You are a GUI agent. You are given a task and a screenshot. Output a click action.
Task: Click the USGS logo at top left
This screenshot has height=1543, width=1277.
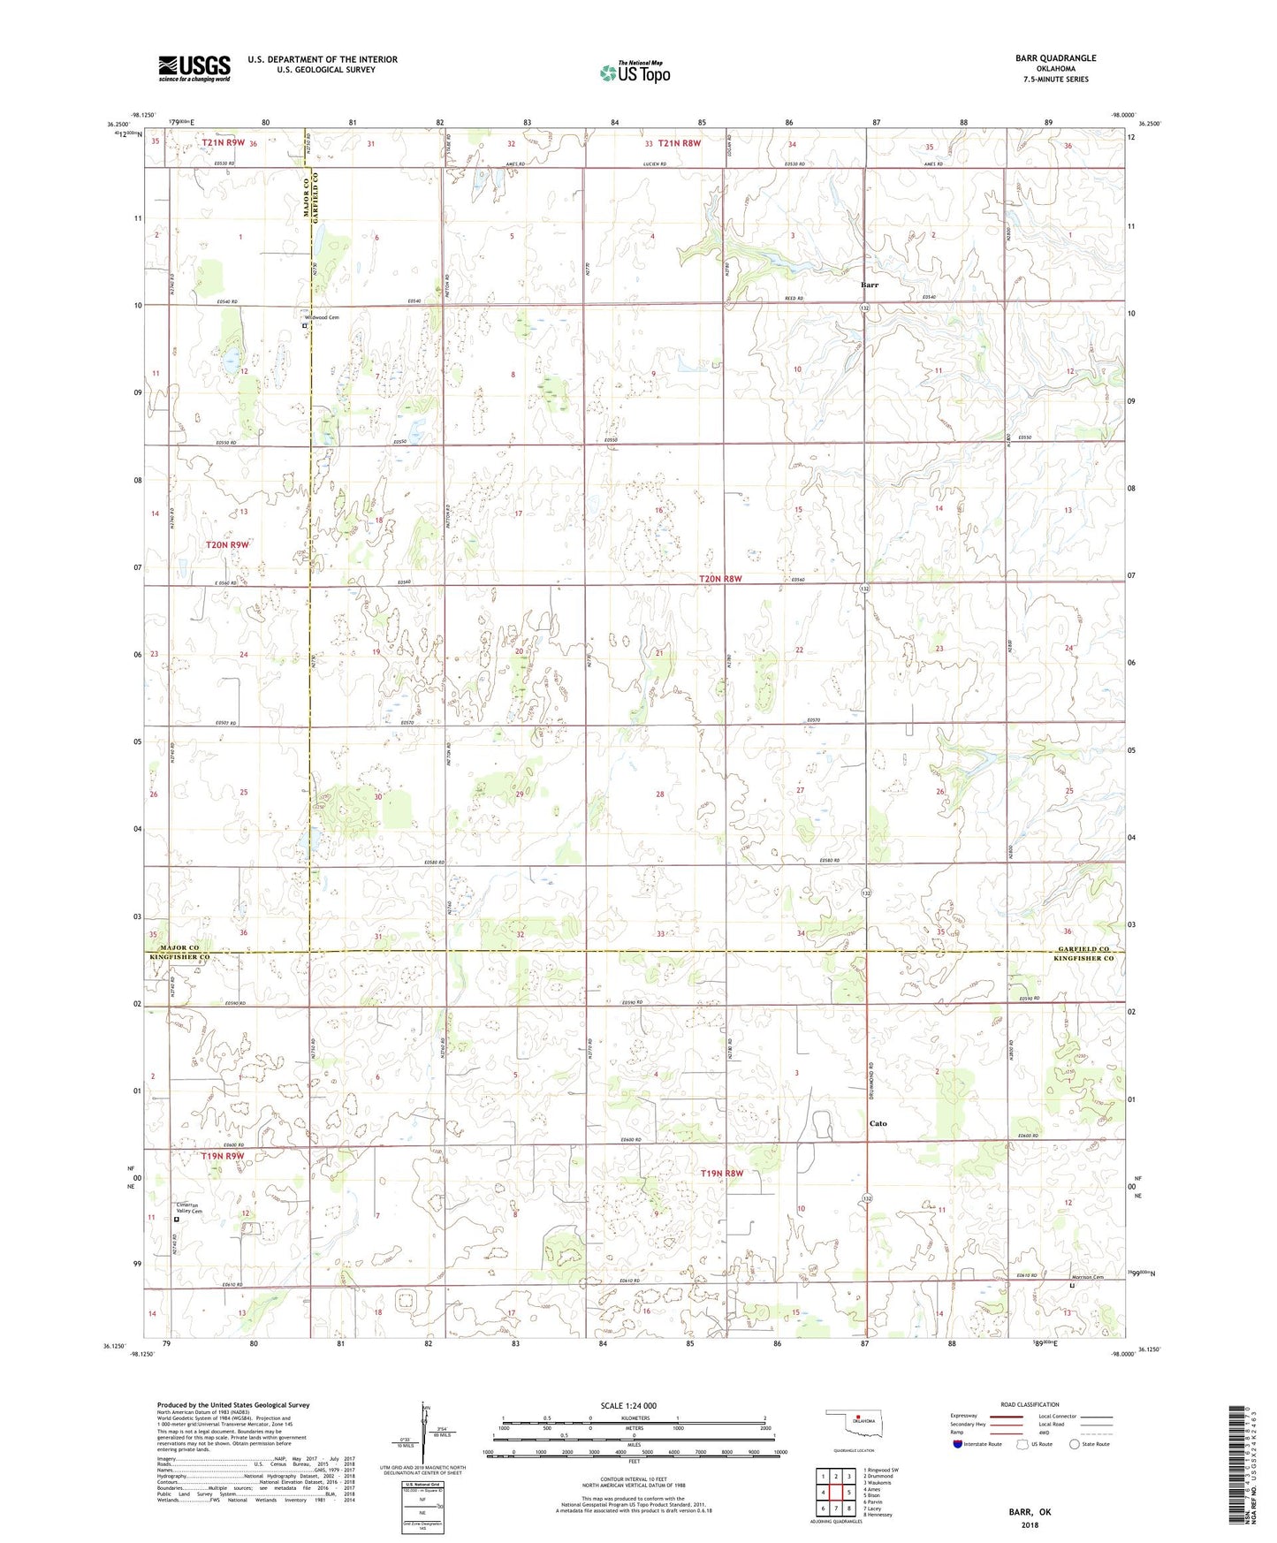pos(194,68)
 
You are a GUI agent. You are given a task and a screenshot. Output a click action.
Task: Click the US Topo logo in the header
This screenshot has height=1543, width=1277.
pos(634,72)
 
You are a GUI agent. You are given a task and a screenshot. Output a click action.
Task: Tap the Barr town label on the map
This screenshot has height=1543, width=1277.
pos(870,285)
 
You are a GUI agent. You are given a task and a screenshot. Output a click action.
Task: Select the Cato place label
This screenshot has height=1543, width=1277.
pos(878,1124)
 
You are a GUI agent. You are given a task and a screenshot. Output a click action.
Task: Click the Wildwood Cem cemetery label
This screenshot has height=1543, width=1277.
pos(322,317)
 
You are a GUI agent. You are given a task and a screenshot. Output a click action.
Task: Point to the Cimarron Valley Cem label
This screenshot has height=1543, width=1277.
pos(189,1209)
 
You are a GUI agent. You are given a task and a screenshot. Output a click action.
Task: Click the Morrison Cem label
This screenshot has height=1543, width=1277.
pos(1088,1277)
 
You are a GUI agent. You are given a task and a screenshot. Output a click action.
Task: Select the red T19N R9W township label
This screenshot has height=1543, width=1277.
pos(222,1156)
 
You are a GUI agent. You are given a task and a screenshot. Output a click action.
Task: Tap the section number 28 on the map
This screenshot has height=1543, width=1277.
pos(659,794)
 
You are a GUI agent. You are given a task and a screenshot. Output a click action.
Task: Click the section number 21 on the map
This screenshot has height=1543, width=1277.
pos(659,653)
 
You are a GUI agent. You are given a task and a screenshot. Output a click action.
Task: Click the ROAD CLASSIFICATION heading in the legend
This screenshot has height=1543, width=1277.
pos(1030,1404)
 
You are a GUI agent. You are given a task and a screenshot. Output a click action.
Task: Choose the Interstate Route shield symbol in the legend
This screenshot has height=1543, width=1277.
pos(958,1444)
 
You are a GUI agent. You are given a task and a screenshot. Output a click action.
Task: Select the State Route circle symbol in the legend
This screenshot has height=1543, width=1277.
pos(1075,1444)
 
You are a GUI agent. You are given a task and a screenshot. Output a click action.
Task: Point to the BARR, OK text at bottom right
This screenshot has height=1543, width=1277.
pos(1030,1512)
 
